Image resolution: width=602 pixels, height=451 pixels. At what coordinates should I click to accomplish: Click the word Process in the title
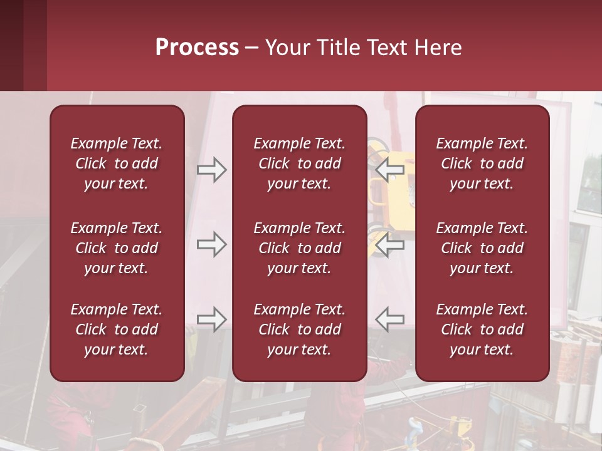[x=197, y=48]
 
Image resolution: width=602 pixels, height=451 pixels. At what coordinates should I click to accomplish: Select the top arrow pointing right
[x=212, y=170]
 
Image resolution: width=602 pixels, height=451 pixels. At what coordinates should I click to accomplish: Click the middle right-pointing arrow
[x=212, y=244]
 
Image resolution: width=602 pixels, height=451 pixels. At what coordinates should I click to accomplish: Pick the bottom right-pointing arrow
[x=212, y=319]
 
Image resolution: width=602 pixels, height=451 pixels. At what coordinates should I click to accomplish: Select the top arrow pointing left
[x=389, y=170]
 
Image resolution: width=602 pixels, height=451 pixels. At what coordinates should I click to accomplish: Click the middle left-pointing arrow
[x=389, y=244]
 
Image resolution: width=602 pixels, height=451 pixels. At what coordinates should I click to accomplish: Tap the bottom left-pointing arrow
[x=389, y=319]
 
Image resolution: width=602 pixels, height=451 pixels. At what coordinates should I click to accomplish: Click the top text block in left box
[x=117, y=163]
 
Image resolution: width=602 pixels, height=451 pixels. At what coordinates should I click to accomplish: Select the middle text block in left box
[x=117, y=248]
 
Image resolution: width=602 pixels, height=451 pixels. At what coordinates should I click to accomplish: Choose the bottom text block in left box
[x=117, y=329]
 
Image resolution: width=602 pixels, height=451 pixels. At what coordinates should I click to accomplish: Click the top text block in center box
[x=300, y=163]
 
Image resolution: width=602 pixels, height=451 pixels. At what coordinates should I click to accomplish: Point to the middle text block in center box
[x=300, y=248]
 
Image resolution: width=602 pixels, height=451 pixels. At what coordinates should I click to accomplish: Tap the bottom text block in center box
[x=300, y=329]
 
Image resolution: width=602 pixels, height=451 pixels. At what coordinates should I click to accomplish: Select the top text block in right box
[x=482, y=163]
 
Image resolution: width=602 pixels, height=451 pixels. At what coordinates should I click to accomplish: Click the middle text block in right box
[x=482, y=248]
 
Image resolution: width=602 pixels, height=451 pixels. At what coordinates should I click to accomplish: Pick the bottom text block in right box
[x=482, y=329]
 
